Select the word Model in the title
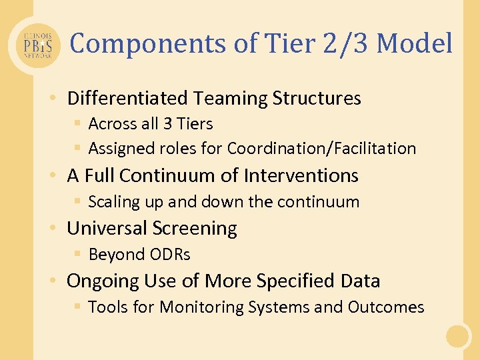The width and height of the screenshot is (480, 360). [414, 44]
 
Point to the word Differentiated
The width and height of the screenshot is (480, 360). [127, 99]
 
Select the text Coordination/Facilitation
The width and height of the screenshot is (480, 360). [321, 148]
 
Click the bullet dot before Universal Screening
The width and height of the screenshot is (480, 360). [52, 229]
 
